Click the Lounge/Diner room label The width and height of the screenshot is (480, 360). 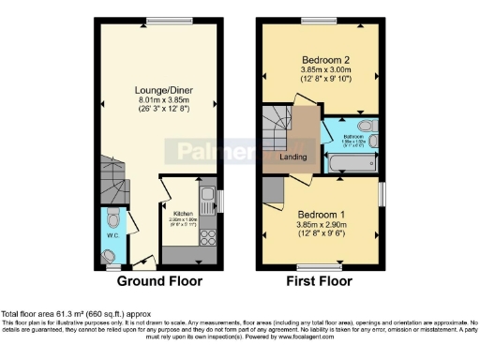pos(157,90)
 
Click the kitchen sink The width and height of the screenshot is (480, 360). pos(207,199)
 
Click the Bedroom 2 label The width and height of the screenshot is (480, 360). pos(319,57)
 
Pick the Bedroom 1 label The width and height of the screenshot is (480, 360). pos(319,215)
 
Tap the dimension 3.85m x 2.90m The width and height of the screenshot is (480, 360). pos(319,226)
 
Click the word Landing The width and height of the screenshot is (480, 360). pos(294,157)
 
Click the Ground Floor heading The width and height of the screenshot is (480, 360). pos(155,280)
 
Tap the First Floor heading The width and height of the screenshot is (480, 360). pos(321,280)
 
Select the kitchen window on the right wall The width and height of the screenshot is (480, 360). pos(218,199)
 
